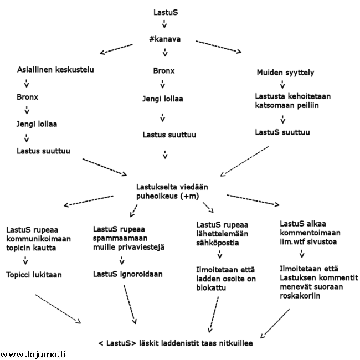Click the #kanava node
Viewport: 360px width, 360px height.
click(164, 40)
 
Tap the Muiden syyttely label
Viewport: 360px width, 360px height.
click(285, 73)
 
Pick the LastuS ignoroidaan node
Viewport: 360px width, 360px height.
click(124, 274)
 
